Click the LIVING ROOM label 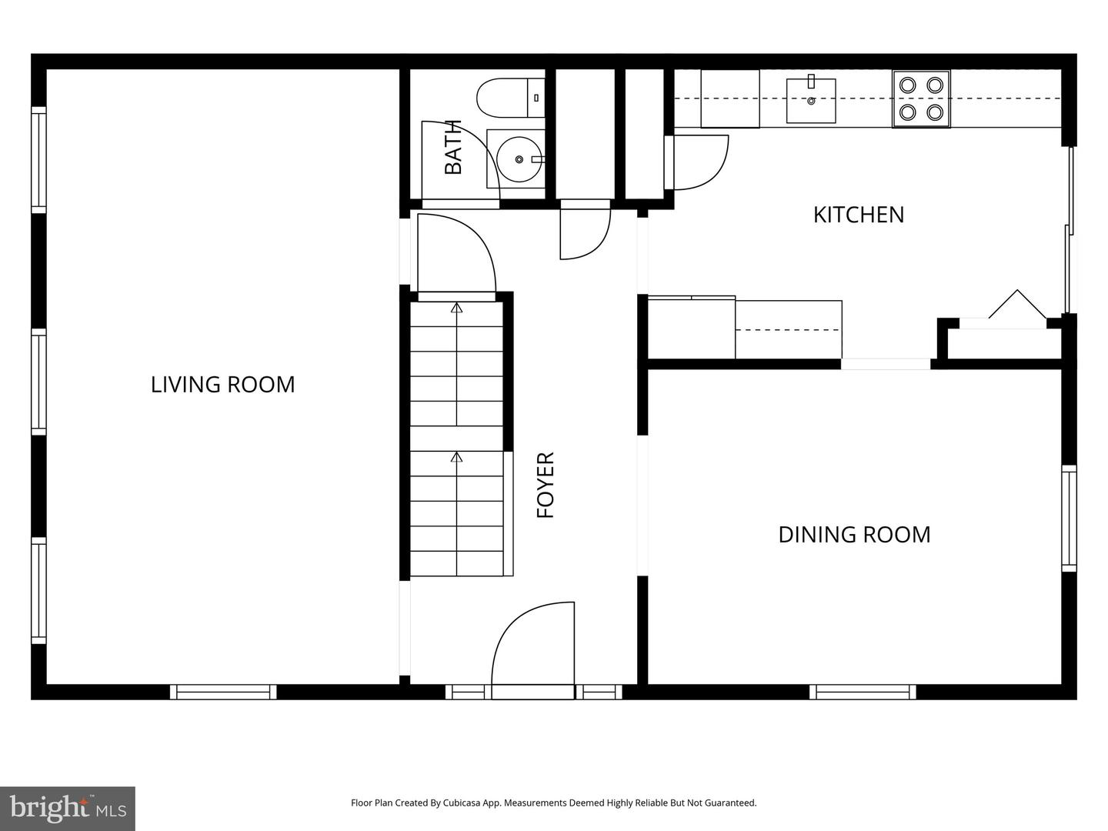[222, 384]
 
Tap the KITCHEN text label [858, 215]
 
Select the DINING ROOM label [854, 535]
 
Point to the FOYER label [545, 485]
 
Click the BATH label [453, 147]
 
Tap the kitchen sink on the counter [810, 100]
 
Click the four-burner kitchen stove [921, 98]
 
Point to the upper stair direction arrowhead [456, 308]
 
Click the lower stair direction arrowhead [456, 457]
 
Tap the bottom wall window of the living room [223, 692]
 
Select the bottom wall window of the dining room [863, 692]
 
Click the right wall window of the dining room [1069, 518]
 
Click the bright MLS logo [67, 808]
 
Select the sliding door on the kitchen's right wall [1068, 231]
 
